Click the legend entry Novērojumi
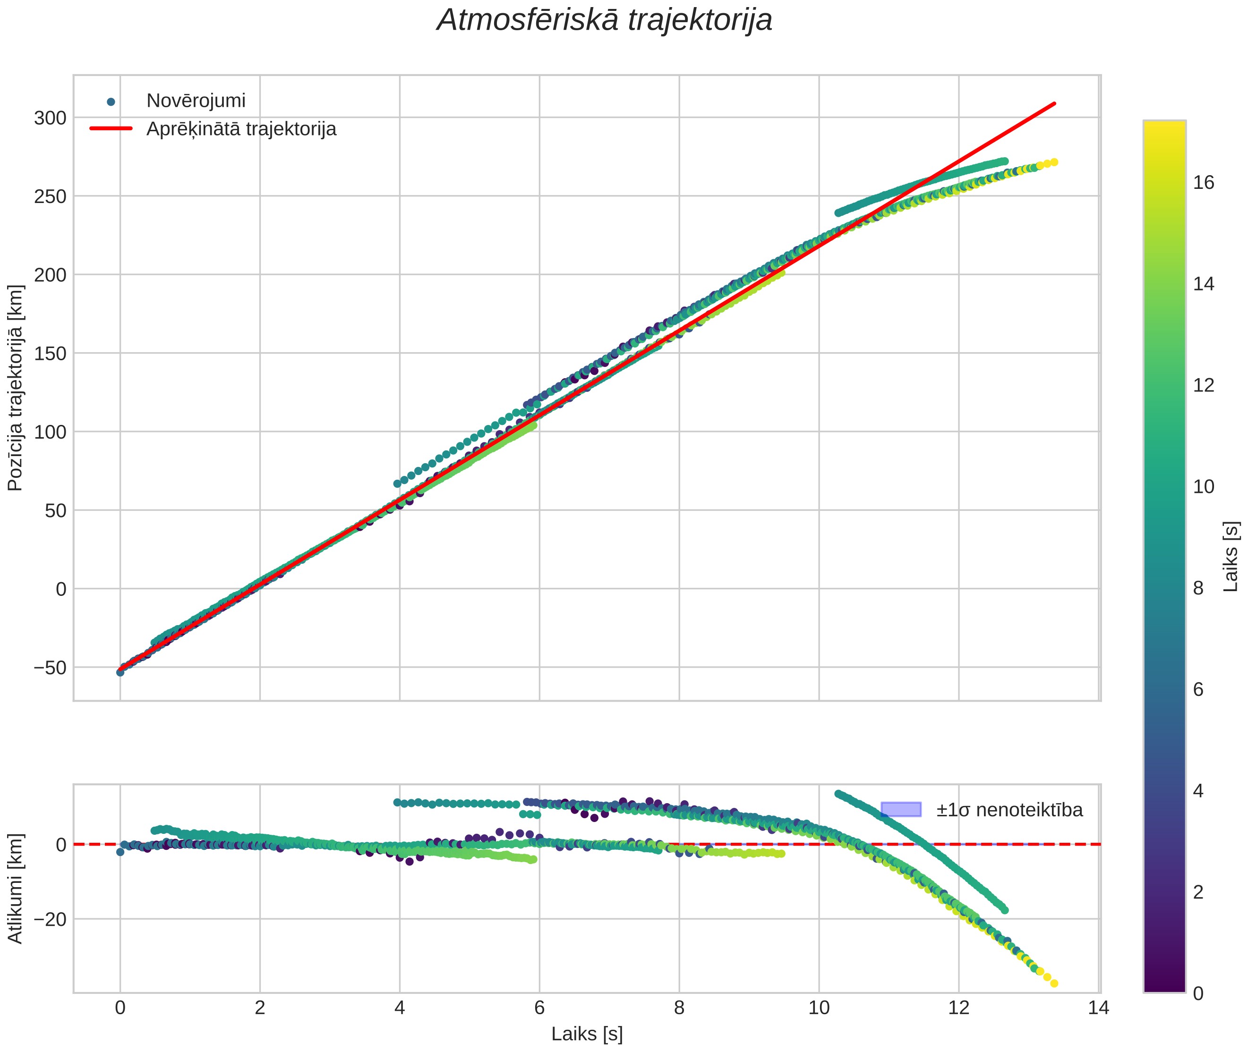(196, 101)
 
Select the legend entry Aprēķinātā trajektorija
(241, 129)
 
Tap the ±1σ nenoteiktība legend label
(1009, 810)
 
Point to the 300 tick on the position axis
(50, 118)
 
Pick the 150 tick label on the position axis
(50, 353)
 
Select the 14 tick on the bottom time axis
(1098, 1008)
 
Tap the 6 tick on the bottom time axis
(539, 1008)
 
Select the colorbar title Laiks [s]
(1231, 557)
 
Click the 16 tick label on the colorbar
(1204, 182)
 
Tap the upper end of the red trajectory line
(1054, 104)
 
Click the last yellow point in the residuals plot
(1054, 983)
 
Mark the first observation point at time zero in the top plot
(120, 672)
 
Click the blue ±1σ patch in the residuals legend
(900, 809)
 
